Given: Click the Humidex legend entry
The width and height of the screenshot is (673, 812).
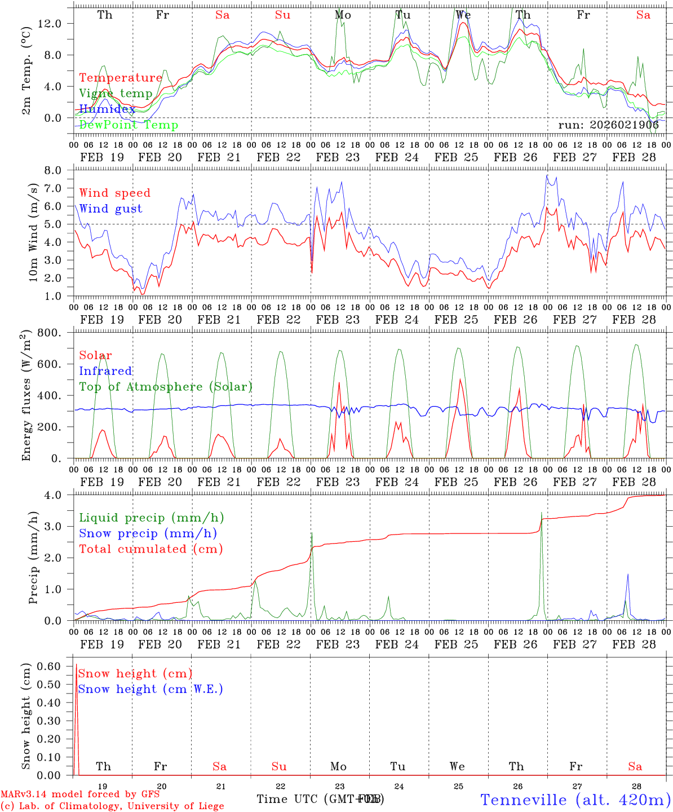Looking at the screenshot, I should point(107,109).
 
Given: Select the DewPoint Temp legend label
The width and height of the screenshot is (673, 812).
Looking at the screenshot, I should point(129,125).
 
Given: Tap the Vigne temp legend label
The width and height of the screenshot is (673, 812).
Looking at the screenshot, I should point(116,94).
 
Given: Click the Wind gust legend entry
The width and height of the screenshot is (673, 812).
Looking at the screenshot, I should point(110,209).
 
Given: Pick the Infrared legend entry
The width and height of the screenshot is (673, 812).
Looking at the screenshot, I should point(105,371).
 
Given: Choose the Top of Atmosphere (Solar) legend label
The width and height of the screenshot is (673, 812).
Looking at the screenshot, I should point(166,387).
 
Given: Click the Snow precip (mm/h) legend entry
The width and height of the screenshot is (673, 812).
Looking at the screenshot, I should point(148,533).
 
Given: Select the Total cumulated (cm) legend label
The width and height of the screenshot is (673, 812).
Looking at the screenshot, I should point(150,549).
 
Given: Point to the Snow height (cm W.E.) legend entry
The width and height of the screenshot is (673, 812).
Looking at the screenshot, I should point(150,689).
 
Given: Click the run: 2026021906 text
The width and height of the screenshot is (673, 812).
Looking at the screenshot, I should point(608,125).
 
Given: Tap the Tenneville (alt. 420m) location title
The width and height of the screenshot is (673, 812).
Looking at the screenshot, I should point(575,800).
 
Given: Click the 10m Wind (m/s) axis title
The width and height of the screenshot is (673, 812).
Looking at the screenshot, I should point(34,232).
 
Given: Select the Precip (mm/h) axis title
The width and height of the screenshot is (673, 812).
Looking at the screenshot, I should point(34,558).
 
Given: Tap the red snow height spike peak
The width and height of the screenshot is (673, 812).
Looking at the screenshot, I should point(76,665).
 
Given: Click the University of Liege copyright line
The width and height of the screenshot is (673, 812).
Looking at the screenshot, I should point(112,806).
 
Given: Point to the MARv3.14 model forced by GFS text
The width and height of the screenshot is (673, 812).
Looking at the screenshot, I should point(80,795).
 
